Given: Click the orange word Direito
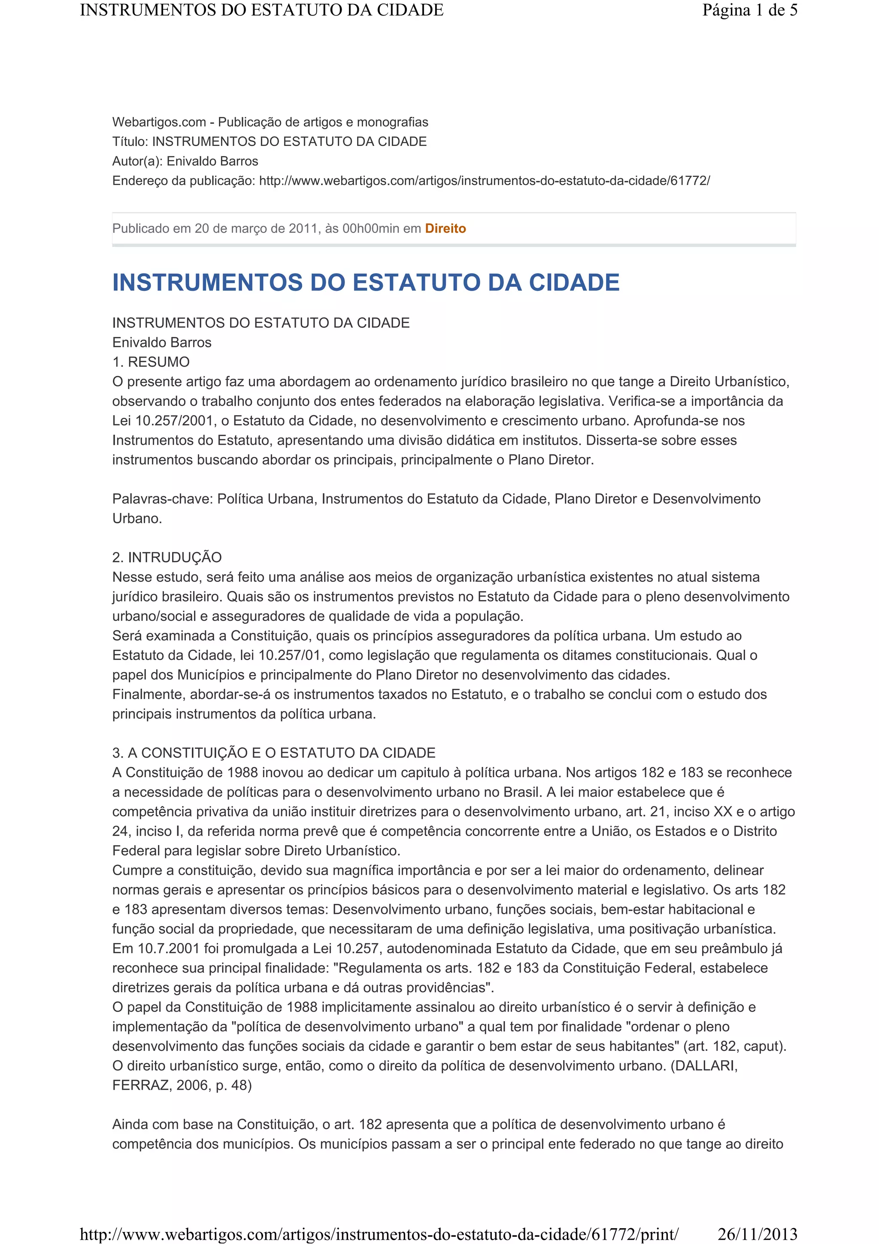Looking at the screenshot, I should [x=445, y=228].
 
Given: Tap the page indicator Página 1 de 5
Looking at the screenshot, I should [x=749, y=10].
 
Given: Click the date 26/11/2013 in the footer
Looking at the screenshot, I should [x=757, y=1234].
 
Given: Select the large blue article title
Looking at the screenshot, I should [x=366, y=283].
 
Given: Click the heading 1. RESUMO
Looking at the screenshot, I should [x=151, y=362].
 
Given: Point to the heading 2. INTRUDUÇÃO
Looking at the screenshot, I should [x=167, y=557].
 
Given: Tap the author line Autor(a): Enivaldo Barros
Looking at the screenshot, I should [x=185, y=161].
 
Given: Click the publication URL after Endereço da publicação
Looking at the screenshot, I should [x=484, y=181].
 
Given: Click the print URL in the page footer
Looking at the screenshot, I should [x=379, y=1234].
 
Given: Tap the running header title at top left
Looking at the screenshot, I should [x=261, y=10].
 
